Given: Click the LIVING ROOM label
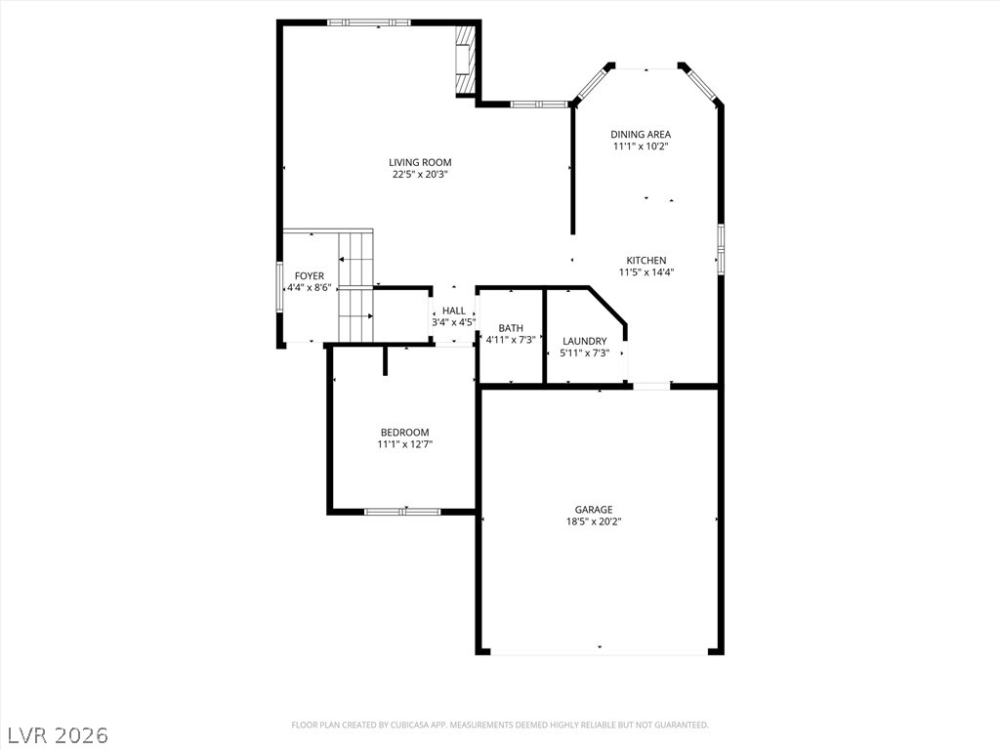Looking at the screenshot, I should pos(420,163).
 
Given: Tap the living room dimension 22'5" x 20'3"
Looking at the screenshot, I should pos(420,175).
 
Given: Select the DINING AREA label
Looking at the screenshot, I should pos(641,135).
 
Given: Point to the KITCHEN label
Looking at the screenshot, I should pos(646,261).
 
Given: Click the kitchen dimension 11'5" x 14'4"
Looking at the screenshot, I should pos(646,272).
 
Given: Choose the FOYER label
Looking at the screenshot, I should pos(310,276).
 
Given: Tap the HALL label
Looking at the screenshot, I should pos(453,311).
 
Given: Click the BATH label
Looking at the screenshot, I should pos(511,328).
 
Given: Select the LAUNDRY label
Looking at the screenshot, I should pos(585,341).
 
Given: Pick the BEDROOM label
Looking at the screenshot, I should pos(404,433).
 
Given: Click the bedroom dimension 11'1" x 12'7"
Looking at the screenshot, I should pos(404,444).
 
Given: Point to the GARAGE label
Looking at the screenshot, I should pos(594,510).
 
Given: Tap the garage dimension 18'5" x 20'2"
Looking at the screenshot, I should pos(594,521).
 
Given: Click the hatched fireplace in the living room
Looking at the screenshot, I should pos(466,60).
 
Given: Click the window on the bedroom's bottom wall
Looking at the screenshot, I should pos(402,510).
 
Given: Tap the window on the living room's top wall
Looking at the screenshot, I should pos(369,22).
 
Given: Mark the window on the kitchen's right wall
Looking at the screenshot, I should pos(721,248).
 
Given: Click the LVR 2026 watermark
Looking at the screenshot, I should pos(58,734).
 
